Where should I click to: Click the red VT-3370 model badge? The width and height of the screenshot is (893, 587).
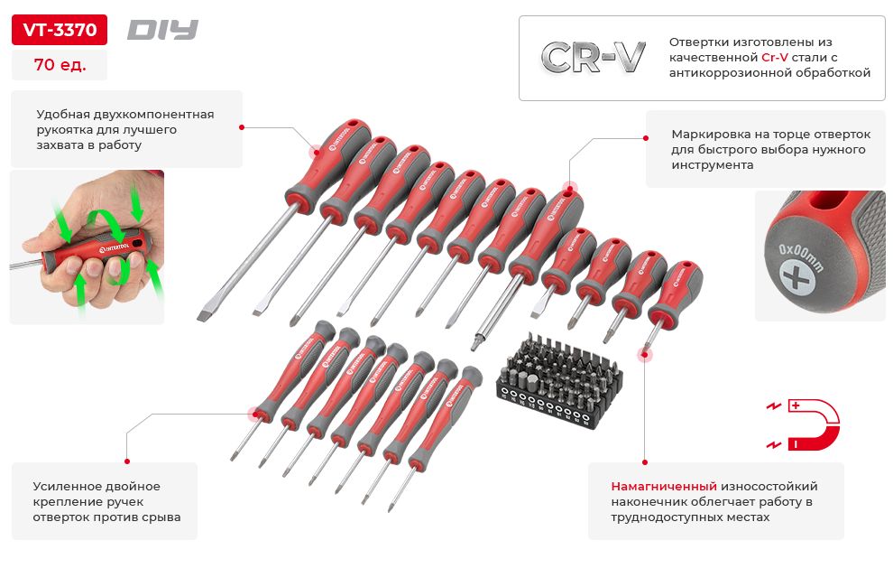coord(60,30)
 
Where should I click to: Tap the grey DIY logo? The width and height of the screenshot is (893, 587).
coord(162,30)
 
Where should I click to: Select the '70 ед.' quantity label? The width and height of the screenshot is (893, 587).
coord(60,64)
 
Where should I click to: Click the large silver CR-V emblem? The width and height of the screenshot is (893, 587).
coord(593,57)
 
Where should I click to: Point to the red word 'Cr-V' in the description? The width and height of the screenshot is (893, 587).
coord(775,57)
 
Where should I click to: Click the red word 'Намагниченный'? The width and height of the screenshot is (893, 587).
coord(664,487)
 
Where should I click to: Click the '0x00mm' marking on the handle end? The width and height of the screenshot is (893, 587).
coord(801,258)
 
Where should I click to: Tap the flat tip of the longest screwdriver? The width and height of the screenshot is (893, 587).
coord(205,315)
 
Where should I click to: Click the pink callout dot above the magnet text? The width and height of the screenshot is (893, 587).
coord(645,355)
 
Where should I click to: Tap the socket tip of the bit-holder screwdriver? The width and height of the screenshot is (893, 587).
coord(475,344)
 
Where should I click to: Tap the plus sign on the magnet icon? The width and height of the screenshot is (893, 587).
coord(796,405)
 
